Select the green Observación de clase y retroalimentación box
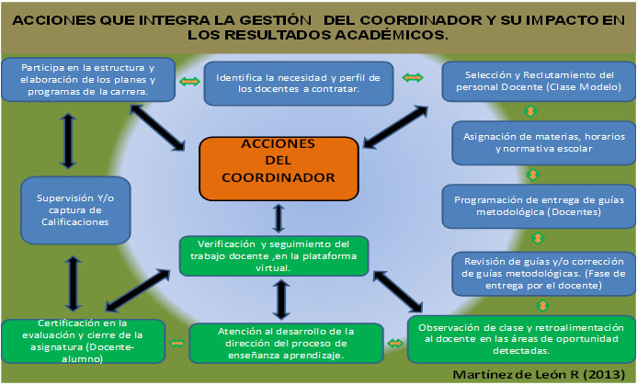pyautogui.click(x=520, y=338)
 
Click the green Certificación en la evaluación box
pyautogui.click(x=84, y=341)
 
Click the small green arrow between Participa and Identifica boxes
pyautogui.click(x=188, y=82)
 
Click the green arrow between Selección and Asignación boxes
pyautogui.click(x=529, y=111)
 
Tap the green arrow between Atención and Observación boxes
pyautogui.click(x=395, y=343)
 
